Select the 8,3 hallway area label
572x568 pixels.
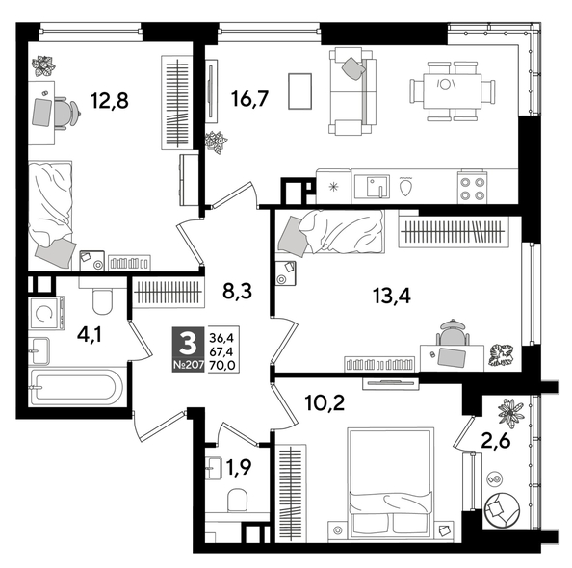click(236, 288)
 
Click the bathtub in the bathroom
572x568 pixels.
click(75, 389)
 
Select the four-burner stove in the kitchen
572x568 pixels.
click(472, 185)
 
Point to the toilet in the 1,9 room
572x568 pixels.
click(234, 500)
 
